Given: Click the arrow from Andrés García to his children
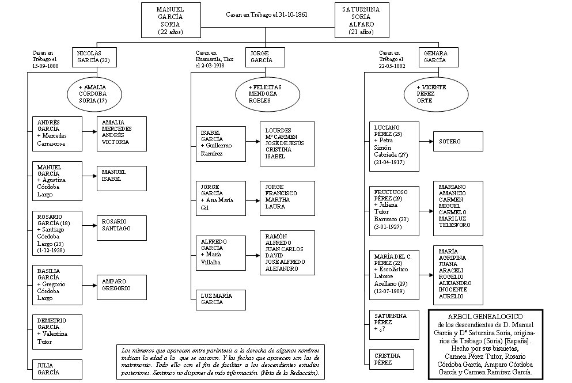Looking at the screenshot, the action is point(90,132).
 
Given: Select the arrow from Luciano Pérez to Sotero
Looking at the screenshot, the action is point(426,141).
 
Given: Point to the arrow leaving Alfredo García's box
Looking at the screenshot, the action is point(253,255).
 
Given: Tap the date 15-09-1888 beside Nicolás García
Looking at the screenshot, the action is point(46,66).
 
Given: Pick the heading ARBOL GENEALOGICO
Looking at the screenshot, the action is point(485,317).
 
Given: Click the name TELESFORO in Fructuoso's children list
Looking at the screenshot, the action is point(454,225).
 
